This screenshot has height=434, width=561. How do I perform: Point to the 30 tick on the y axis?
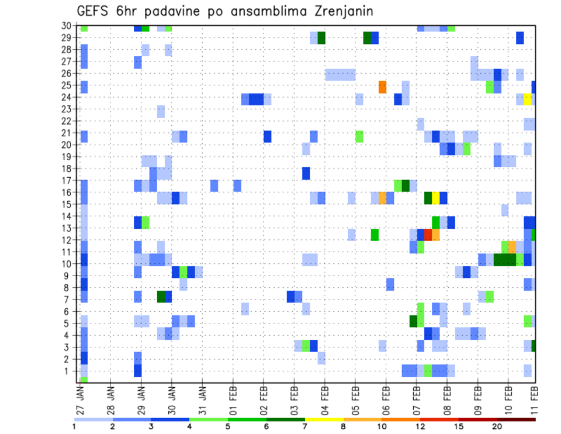point(68,26)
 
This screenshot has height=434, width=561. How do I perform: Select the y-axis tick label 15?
point(68,204)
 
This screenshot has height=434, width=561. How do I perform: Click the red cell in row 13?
point(428,235)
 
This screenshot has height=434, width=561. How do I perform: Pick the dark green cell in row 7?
point(161,297)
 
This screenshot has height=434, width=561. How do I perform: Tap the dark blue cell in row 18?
point(306,174)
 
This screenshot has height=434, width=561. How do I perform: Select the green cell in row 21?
point(359,136)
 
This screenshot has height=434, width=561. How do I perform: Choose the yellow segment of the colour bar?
point(324,419)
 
